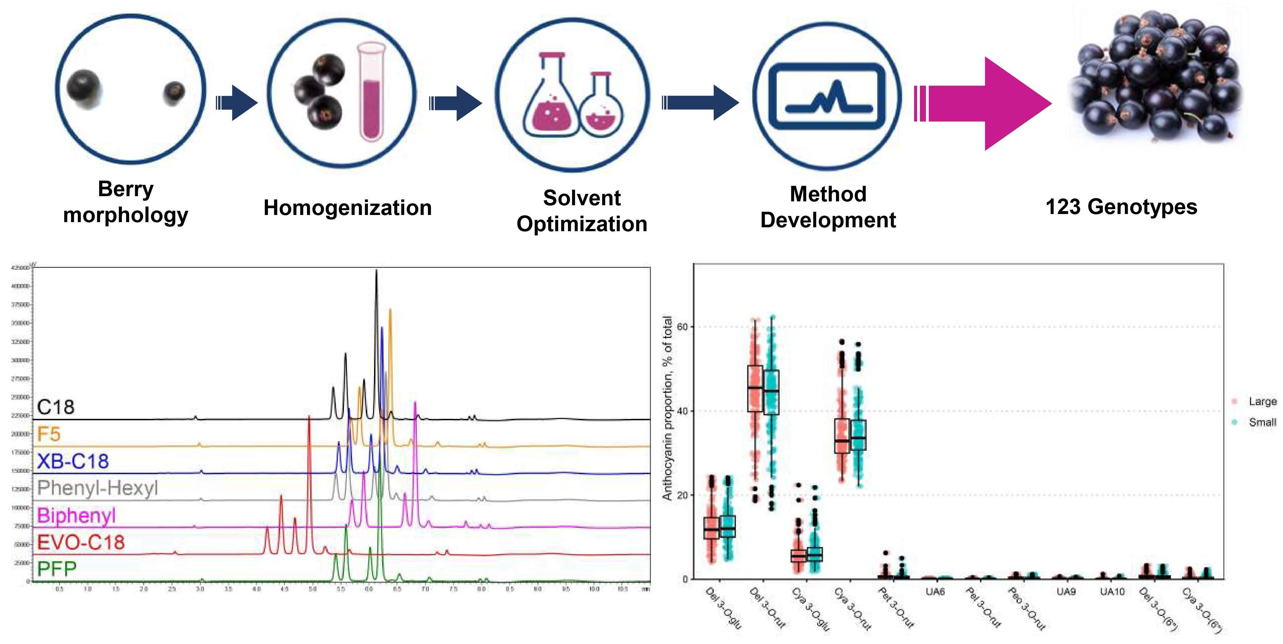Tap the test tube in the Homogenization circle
coord(371,92)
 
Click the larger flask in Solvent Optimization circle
coord(550,100)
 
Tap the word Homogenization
coord(347,208)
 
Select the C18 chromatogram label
coord(56,407)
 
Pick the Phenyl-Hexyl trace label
coord(98,488)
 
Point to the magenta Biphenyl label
coord(76,515)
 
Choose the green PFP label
coord(57,569)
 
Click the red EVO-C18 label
coord(81,542)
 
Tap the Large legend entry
coord(1262,401)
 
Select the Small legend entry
coord(1262,422)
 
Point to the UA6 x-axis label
coord(935,592)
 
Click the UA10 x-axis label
coord(1112,592)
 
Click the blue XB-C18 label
coord(73,461)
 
